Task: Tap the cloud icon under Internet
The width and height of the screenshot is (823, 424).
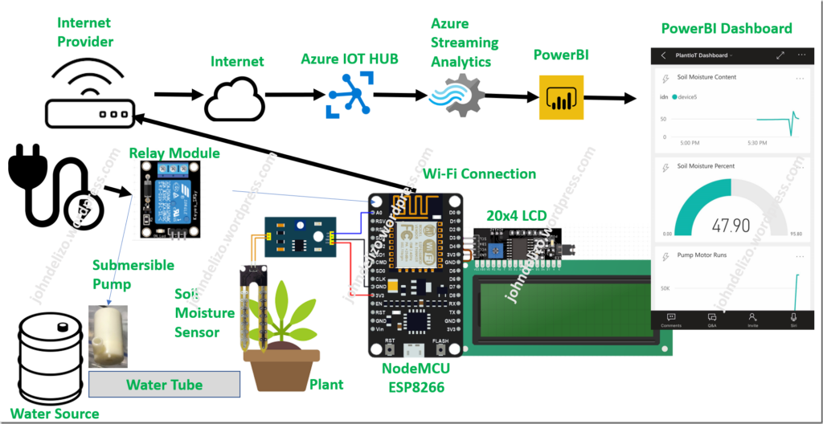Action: [x=234, y=100]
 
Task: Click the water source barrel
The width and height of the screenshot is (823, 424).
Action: [x=45, y=357]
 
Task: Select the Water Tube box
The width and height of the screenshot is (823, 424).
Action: [x=164, y=385]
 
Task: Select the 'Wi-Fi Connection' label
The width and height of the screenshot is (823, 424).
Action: [x=479, y=173]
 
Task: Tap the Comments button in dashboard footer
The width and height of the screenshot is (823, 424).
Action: [x=670, y=320]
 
